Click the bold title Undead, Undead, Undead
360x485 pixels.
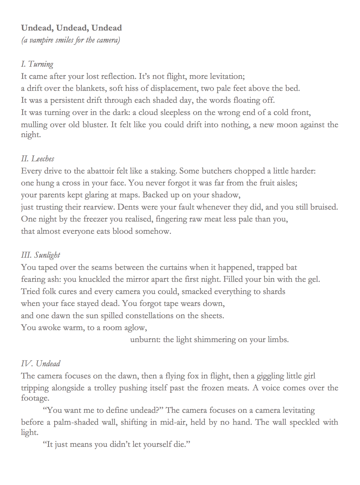click(71, 28)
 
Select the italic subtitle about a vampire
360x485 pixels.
click(70, 40)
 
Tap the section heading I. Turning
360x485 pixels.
click(37, 64)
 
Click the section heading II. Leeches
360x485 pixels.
click(38, 159)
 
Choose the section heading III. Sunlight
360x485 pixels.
click(40, 255)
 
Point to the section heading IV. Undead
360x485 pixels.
click(40, 364)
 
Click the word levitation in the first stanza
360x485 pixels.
click(224, 76)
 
